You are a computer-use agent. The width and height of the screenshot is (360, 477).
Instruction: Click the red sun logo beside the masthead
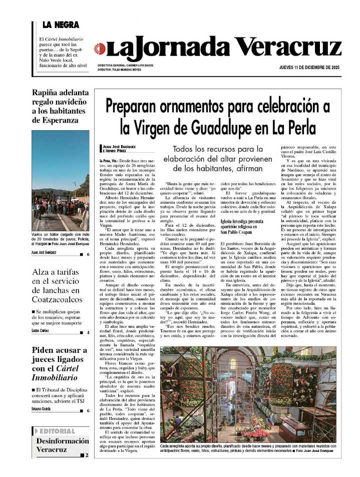click(100, 49)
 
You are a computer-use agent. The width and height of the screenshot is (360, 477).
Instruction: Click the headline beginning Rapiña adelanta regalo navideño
click(60, 106)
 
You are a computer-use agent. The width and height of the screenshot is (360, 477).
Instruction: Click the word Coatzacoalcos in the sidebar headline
click(57, 299)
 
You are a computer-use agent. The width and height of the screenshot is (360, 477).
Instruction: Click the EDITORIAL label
click(57, 431)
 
